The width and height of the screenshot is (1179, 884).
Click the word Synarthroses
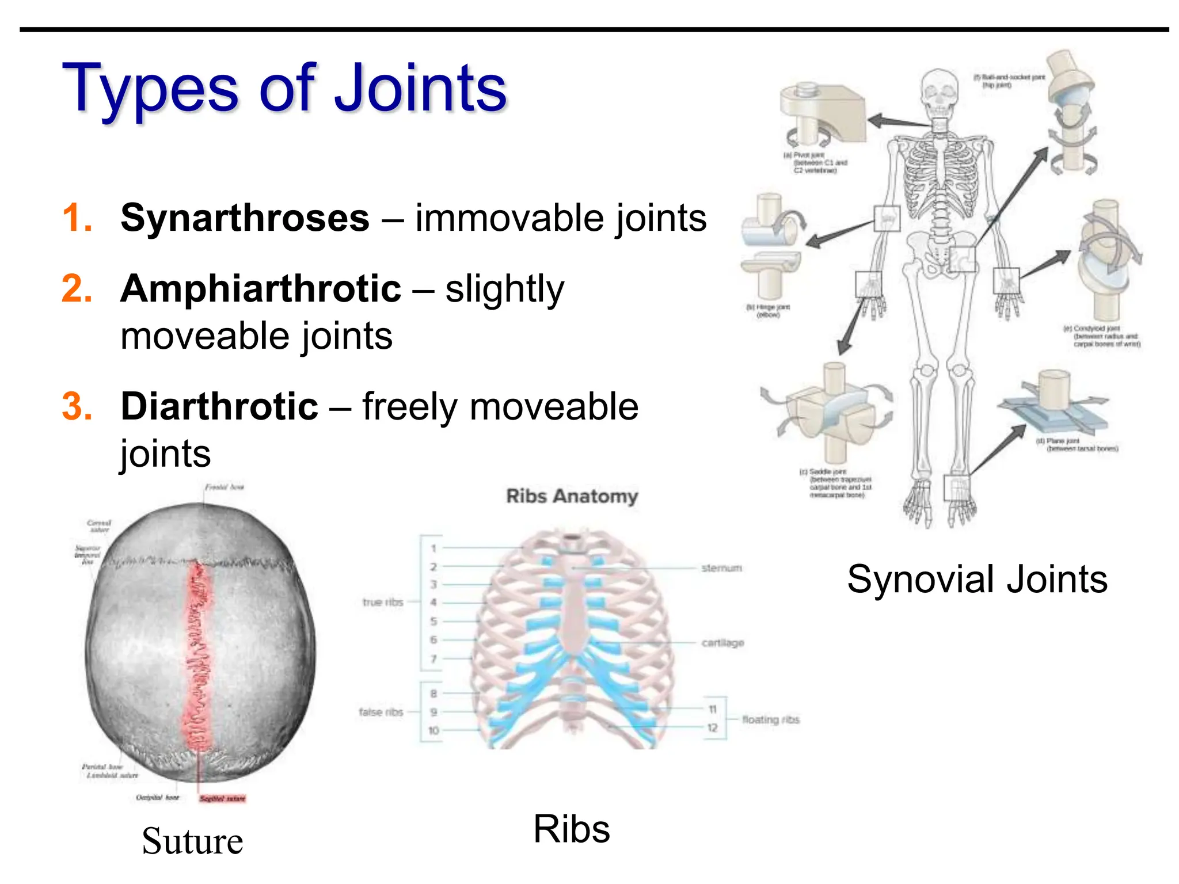click(245, 219)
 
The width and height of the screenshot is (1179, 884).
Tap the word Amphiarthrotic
click(260, 289)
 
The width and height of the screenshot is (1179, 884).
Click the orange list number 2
click(77, 289)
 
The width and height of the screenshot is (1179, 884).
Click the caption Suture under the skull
click(192, 841)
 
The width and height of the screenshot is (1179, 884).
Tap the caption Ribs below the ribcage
click(571, 829)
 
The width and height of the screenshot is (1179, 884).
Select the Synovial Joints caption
click(977, 579)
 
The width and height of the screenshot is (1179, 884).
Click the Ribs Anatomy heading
click(572, 496)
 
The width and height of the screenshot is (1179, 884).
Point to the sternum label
click(721, 568)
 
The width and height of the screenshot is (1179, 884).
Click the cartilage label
click(722, 643)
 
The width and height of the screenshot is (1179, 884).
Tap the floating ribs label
click(770, 719)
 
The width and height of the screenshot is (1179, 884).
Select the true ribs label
click(383, 602)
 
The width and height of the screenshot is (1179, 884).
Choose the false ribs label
click(381, 712)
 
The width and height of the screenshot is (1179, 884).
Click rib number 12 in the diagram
click(712, 728)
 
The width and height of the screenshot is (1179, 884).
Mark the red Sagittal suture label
click(222, 798)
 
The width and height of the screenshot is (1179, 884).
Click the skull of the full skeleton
click(940, 92)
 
